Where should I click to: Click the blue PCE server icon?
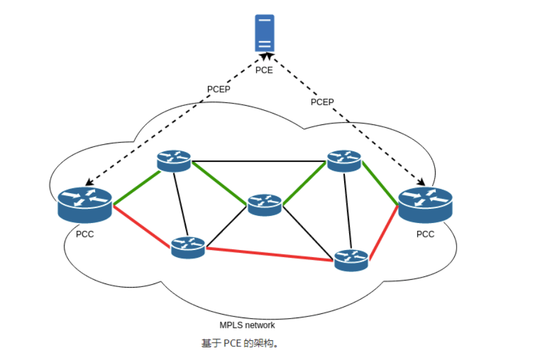[x=264, y=33]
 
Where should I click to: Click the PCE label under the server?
[x=264, y=70]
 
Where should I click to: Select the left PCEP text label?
[x=219, y=89]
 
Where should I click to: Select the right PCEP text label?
[x=322, y=102]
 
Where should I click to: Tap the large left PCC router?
[x=85, y=205]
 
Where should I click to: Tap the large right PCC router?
[x=425, y=205]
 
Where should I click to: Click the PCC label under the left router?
[x=85, y=234]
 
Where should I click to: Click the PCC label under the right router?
[x=425, y=234]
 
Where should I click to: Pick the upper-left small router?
[x=174, y=160]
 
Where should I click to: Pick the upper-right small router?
[x=344, y=160]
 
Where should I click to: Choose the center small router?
[x=264, y=205]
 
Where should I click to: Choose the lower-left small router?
[x=188, y=246]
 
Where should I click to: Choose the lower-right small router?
[x=351, y=260]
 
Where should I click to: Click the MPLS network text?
[x=247, y=325]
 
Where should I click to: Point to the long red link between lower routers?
[x=269, y=254]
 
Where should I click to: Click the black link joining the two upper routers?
[x=259, y=161]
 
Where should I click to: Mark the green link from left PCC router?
[x=136, y=187]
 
